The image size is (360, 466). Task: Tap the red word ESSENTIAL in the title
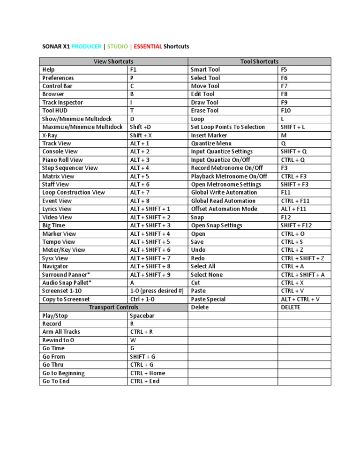[x=148, y=46]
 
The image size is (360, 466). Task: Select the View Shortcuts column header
[x=113, y=61]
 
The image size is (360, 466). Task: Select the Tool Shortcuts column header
[x=259, y=61]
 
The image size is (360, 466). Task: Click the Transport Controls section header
[x=113, y=307]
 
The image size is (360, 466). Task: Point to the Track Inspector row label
[x=62, y=102]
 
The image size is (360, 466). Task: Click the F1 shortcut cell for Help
[x=134, y=69]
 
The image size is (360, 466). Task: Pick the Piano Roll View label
[x=62, y=160]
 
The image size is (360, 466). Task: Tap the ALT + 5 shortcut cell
[x=140, y=176]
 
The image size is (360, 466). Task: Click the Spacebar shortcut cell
[x=142, y=316]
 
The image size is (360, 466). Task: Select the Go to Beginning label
[x=63, y=373]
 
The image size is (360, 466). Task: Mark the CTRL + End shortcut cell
[x=145, y=381]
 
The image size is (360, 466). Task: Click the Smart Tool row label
[x=205, y=69]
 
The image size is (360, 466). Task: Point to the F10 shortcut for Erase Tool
[x=286, y=111]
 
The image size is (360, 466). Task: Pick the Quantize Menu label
[x=211, y=143]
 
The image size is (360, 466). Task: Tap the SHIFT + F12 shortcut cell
[x=296, y=225]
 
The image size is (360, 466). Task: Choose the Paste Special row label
[x=208, y=299]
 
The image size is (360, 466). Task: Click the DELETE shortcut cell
[x=291, y=308]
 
